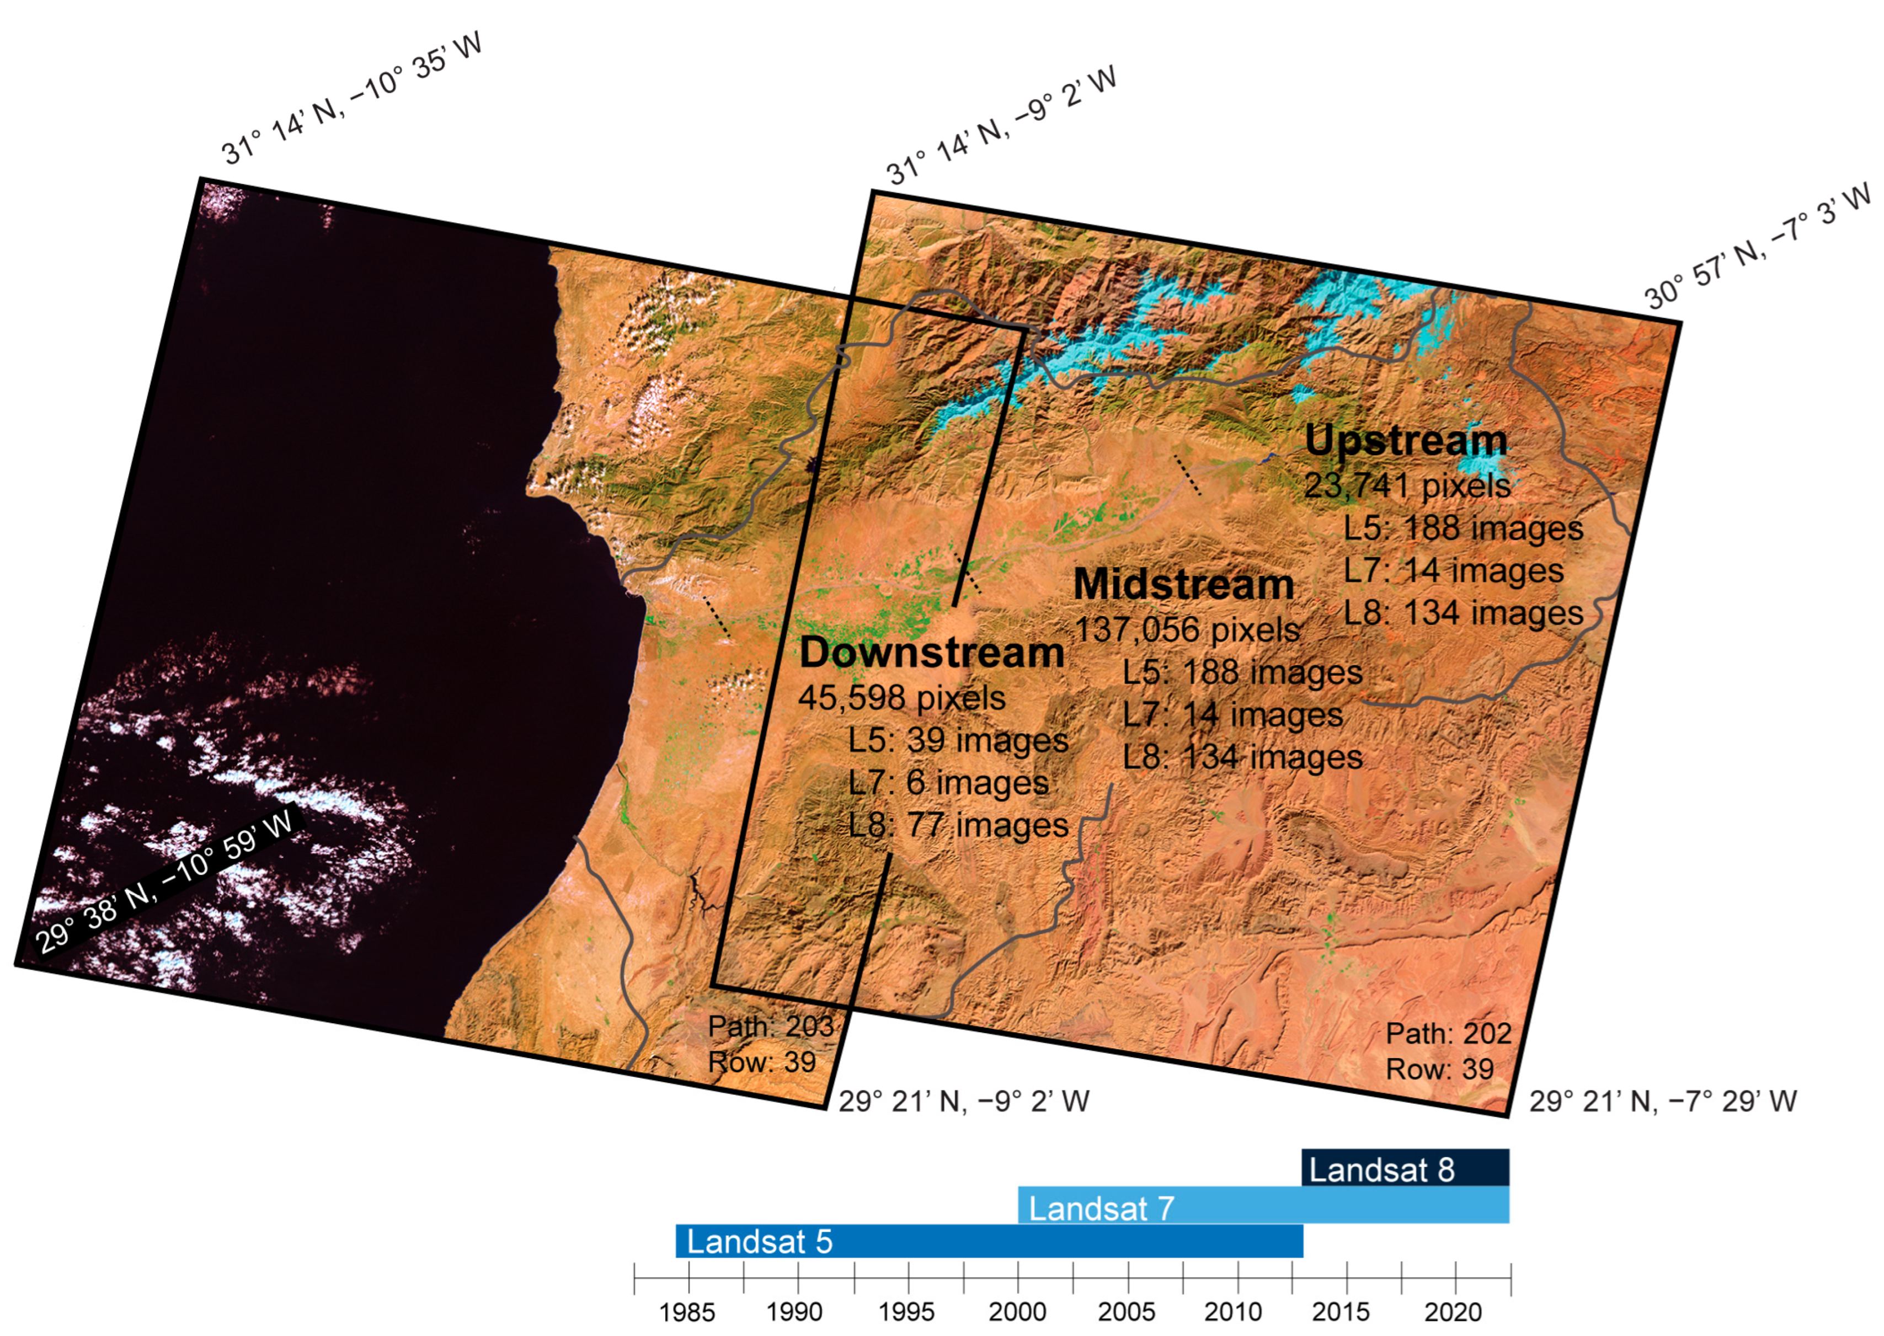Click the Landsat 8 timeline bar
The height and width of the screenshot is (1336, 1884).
tap(1405, 1169)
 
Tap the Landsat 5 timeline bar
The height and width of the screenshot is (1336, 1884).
tap(989, 1241)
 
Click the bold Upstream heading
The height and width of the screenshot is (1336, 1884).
tap(1406, 441)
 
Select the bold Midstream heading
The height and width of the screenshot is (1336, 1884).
tap(1184, 585)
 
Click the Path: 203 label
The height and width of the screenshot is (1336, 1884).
tap(771, 1027)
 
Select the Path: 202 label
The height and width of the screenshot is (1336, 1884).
tap(1449, 1033)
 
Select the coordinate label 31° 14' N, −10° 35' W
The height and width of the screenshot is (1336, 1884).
tap(351, 99)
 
